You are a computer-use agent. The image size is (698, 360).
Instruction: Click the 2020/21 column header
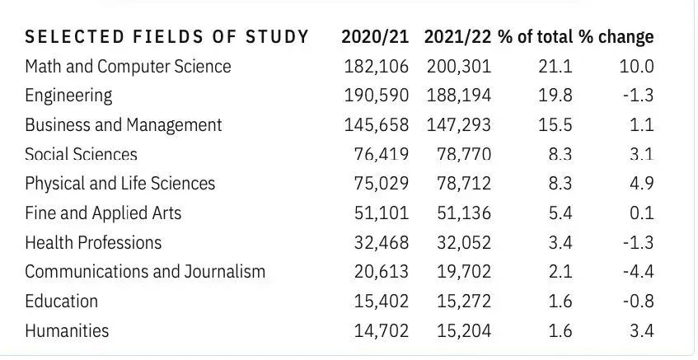pyautogui.click(x=375, y=36)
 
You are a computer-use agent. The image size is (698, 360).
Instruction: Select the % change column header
pyautogui.click(x=616, y=36)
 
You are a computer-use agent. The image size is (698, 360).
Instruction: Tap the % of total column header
pyautogui.click(x=536, y=36)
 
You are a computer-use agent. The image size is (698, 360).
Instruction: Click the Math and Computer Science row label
pyautogui.click(x=129, y=67)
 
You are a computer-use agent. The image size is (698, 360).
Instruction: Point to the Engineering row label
pyautogui.click(x=68, y=96)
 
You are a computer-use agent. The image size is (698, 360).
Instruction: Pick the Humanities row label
pyautogui.click(x=67, y=330)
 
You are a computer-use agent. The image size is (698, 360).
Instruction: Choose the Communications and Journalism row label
pyautogui.click(x=145, y=272)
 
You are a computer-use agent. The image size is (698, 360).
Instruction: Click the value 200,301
pyautogui.click(x=459, y=67)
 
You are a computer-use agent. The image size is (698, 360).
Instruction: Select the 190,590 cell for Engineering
pyautogui.click(x=376, y=96)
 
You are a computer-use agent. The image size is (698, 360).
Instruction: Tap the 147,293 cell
pyautogui.click(x=459, y=125)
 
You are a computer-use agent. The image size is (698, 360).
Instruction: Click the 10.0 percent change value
pyautogui.click(x=636, y=67)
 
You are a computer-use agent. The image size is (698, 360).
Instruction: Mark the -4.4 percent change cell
pyautogui.click(x=639, y=272)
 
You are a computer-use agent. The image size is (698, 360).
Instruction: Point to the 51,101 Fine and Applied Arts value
pyautogui.click(x=382, y=213)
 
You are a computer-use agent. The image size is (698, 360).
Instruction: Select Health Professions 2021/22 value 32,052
pyautogui.click(x=464, y=242)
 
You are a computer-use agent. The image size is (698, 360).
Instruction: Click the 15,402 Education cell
pyautogui.click(x=382, y=302)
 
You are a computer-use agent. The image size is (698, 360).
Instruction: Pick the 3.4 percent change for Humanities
pyautogui.click(x=642, y=330)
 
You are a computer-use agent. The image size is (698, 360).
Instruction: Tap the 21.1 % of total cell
pyautogui.click(x=555, y=67)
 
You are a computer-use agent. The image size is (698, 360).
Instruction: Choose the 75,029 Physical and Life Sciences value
pyautogui.click(x=382, y=184)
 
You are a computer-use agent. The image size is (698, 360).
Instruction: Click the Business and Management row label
pyautogui.click(x=124, y=125)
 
